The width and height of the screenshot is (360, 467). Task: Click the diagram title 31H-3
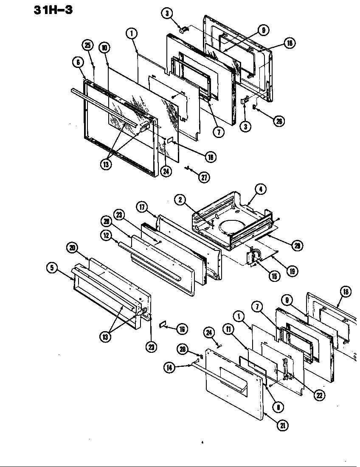tap(53, 10)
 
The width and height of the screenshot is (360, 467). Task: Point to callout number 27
tap(205, 177)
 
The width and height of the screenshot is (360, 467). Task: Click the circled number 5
tap(52, 267)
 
